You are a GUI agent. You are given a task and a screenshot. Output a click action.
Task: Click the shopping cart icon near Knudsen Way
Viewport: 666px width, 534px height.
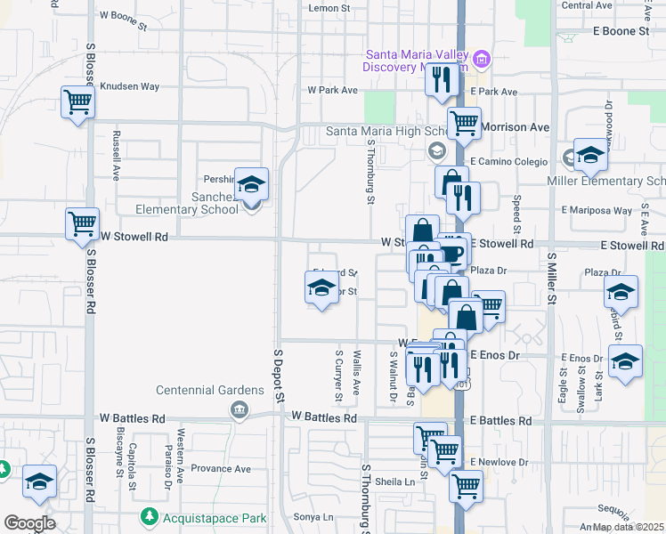pyautogui.click(x=78, y=102)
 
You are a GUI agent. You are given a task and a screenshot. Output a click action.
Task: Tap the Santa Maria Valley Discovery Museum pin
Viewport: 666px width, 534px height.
pyautogui.click(x=482, y=60)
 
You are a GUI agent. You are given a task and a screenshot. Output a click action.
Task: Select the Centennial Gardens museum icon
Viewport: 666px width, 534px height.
pyautogui.click(x=239, y=409)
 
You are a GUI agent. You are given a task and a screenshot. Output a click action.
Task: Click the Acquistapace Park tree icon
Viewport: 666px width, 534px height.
pyautogui.click(x=149, y=517)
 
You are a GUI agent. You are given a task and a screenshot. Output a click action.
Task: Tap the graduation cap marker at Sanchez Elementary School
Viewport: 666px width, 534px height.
pyautogui.click(x=251, y=185)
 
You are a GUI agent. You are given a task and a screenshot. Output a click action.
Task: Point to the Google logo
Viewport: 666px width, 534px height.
pyautogui.click(x=29, y=523)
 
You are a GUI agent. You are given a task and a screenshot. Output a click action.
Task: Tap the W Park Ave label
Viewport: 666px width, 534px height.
pyautogui.click(x=332, y=90)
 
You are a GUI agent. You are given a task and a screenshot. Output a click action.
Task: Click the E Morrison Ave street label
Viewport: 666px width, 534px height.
pyautogui.click(x=516, y=127)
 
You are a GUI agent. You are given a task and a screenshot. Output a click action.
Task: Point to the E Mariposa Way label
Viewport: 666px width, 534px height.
pyautogui.click(x=597, y=211)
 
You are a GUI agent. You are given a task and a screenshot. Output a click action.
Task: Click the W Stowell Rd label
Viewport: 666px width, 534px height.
pyautogui.click(x=134, y=238)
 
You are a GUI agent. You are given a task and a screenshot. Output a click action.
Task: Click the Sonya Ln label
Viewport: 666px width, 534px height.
pyautogui.click(x=313, y=517)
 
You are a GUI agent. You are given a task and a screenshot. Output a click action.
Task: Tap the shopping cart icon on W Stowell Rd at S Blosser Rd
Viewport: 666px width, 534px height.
pyautogui.click(x=83, y=222)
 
